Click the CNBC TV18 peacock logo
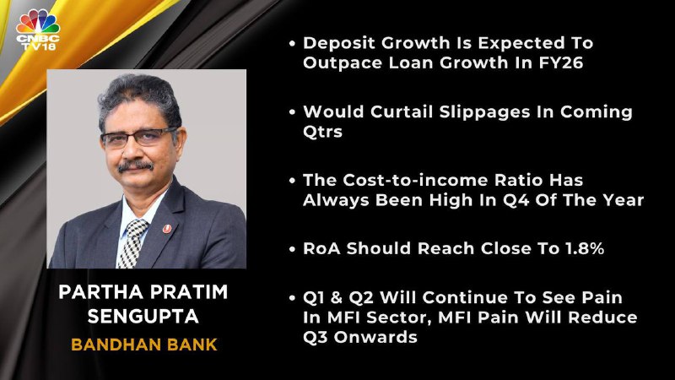(x=38, y=30)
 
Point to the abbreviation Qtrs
(x=323, y=132)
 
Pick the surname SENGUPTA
(x=143, y=317)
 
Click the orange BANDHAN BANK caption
(x=144, y=345)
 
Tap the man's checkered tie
(x=132, y=242)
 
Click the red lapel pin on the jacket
(x=167, y=229)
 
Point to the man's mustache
(x=136, y=166)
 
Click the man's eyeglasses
(x=138, y=138)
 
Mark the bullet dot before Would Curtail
(x=292, y=112)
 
